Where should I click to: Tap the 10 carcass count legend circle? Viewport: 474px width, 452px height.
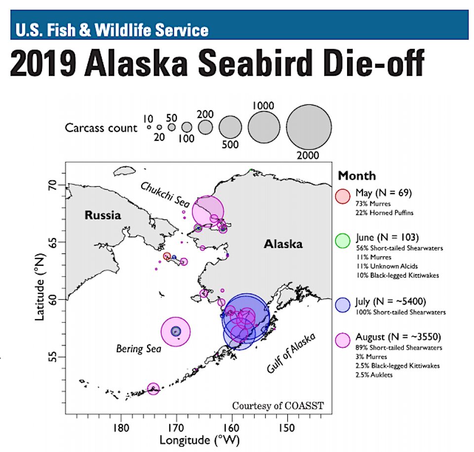point(149,127)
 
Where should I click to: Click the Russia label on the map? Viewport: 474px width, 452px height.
point(103,215)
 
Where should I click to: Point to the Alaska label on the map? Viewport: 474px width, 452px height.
point(283,244)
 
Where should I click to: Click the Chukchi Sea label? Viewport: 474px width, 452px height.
point(165,195)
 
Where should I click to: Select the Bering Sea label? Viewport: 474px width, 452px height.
point(139,349)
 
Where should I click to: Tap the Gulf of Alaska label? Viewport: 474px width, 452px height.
point(291,353)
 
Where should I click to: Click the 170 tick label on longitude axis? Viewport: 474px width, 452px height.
point(176,428)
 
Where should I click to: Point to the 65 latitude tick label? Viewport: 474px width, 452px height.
point(53,242)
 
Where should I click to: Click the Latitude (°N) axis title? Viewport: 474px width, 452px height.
point(39,287)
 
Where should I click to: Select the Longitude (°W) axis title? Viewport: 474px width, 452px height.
point(200,441)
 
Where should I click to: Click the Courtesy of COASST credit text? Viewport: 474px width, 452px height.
point(278,406)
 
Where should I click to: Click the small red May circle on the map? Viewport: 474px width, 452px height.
point(167,256)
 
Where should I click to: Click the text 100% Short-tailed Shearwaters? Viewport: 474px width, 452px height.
point(400,312)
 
